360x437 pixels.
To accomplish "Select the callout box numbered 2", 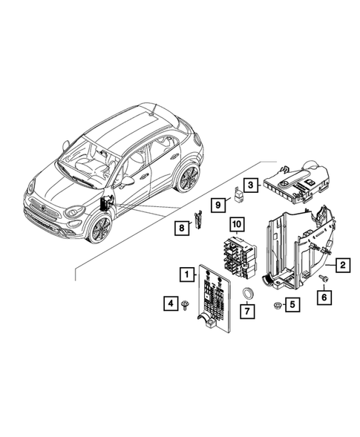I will pos(342,263).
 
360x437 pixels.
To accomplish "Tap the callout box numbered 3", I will pos(252,185).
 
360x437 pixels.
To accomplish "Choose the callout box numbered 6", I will pos(324,297).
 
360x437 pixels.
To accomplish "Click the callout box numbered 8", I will pos(180,228).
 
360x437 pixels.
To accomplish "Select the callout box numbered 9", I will pos(219,203).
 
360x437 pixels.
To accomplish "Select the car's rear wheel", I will pos(189,179).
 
